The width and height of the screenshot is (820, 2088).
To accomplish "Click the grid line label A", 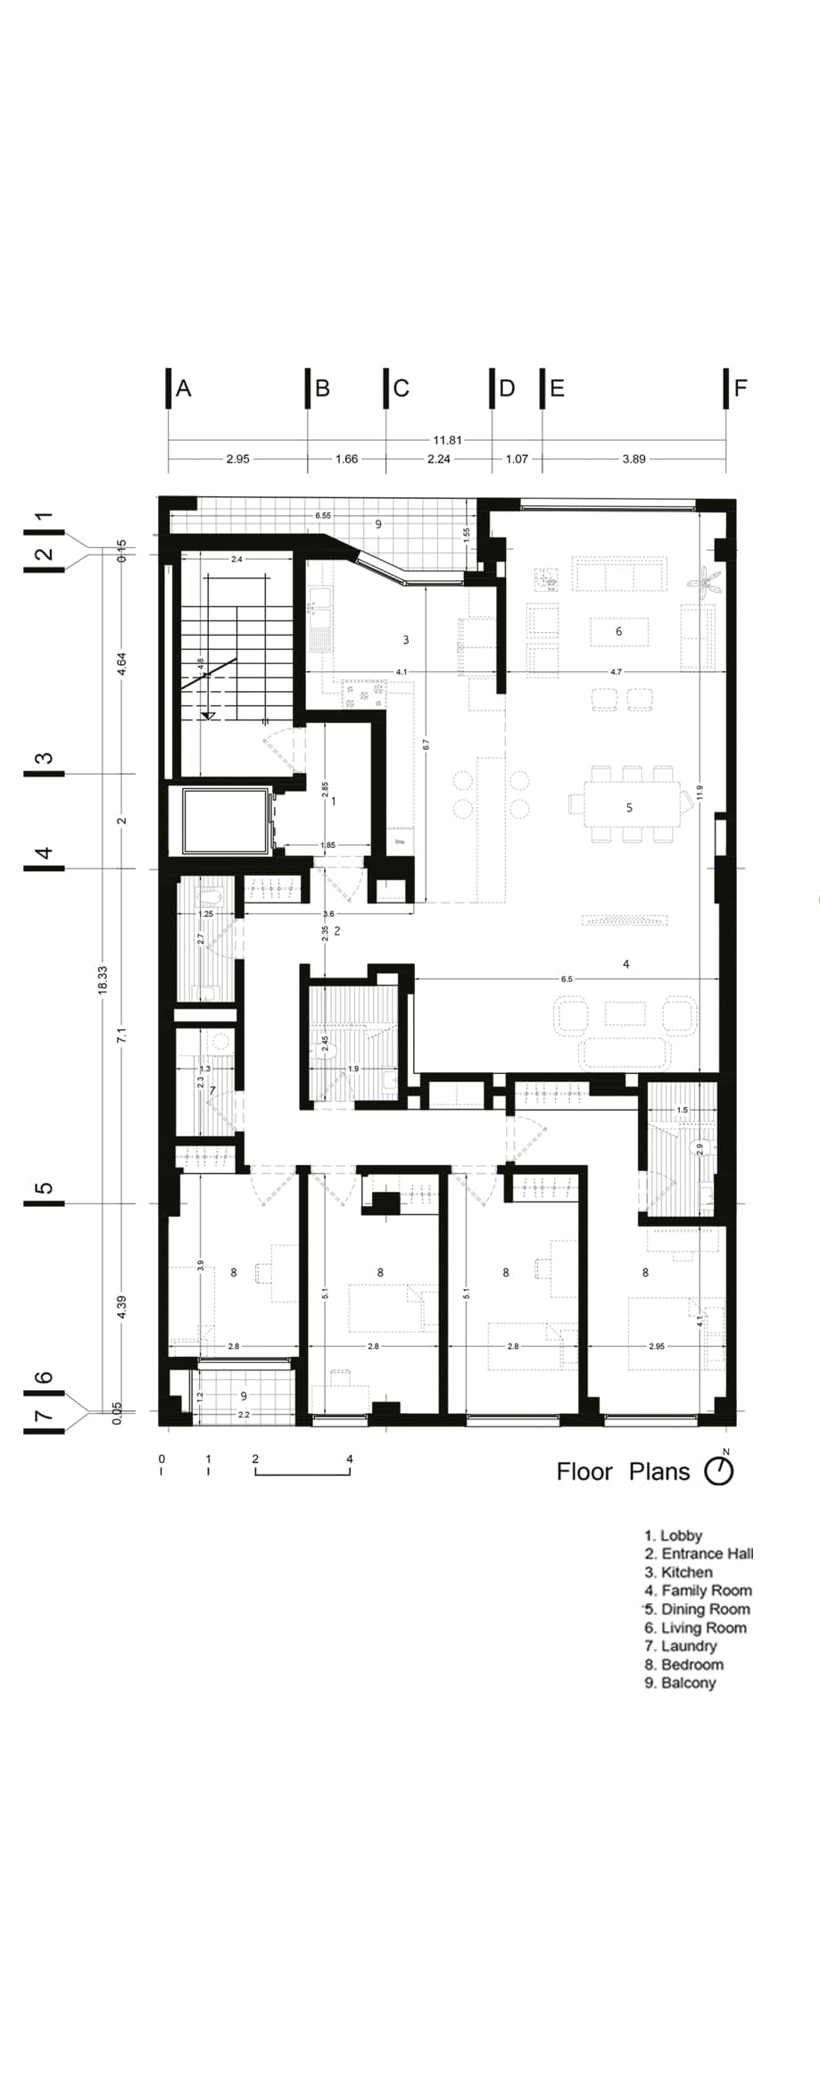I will click(x=184, y=388).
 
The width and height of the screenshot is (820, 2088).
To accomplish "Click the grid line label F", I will click(x=740, y=388).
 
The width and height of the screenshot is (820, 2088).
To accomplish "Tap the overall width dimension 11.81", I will click(x=447, y=440).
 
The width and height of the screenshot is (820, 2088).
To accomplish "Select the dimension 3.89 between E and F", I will click(x=634, y=459).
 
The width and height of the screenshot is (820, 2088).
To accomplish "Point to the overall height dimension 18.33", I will click(x=103, y=980).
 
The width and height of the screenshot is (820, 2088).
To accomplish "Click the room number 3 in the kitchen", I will click(x=406, y=639).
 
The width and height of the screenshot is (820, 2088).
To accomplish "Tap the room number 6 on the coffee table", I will click(x=618, y=631).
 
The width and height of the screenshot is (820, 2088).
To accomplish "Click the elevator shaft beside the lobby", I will click(x=226, y=819).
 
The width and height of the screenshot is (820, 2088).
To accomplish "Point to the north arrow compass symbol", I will click(x=719, y=1471).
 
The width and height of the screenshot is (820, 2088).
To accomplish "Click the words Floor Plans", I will click(x=623, y=1472).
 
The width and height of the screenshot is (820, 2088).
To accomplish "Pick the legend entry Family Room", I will click(x=699, y=1590).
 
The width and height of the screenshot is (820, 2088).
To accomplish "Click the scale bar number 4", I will click(x=350, y=1459).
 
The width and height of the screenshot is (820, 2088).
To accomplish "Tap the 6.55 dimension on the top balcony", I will click(x=323, y=516).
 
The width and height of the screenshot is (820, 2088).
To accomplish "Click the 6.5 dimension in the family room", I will click(x=567, y=978).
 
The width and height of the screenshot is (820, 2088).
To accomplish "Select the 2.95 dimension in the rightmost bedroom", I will click(x=657, y=1345).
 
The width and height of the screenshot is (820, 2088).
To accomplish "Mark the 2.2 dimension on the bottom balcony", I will click(x=244, y=1414).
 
